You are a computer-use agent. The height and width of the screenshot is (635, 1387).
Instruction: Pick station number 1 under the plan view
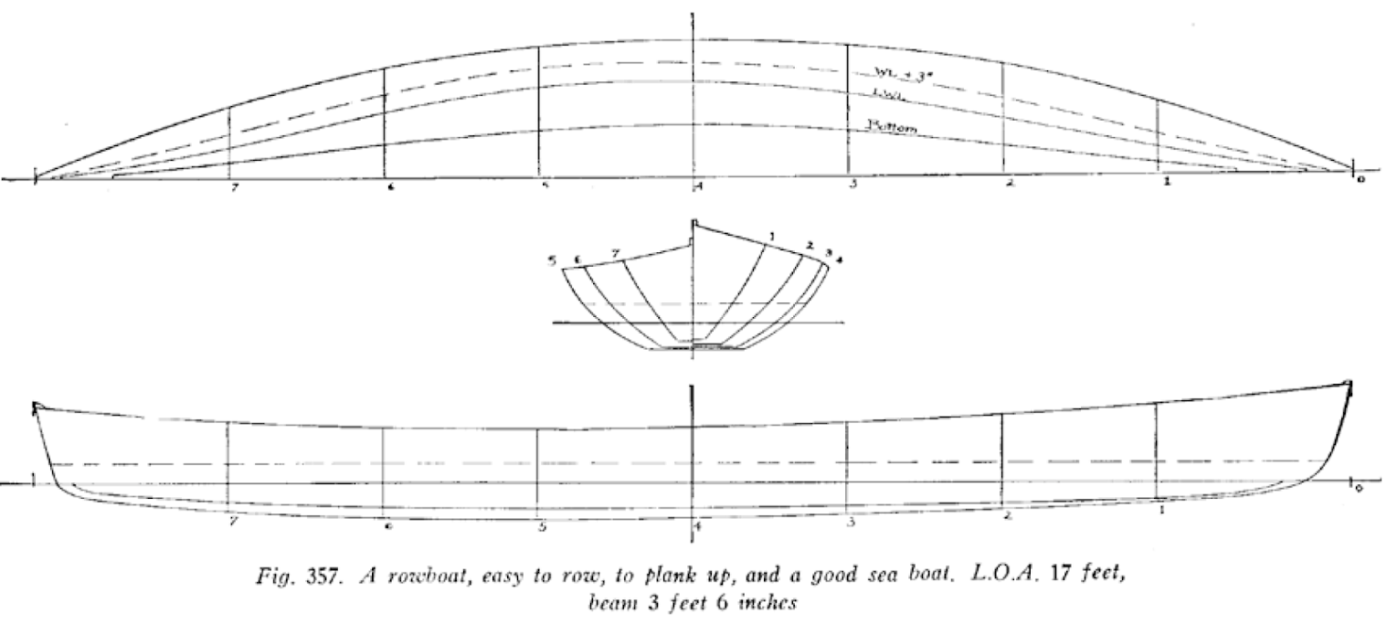point(1166,183)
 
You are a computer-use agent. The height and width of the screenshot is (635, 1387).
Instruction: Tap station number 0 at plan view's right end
point(1361,180)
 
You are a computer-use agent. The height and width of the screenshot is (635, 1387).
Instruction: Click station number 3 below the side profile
point(852,523)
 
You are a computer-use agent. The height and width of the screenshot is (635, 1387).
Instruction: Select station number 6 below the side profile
point(389,526)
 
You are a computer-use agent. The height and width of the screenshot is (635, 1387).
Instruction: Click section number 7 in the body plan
point(616,252)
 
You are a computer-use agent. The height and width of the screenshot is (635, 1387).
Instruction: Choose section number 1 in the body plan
point(772,238)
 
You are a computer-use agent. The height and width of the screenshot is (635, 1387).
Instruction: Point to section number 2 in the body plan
point(810,245)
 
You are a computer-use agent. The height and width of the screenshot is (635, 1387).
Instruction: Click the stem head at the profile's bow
point(1347,386)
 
